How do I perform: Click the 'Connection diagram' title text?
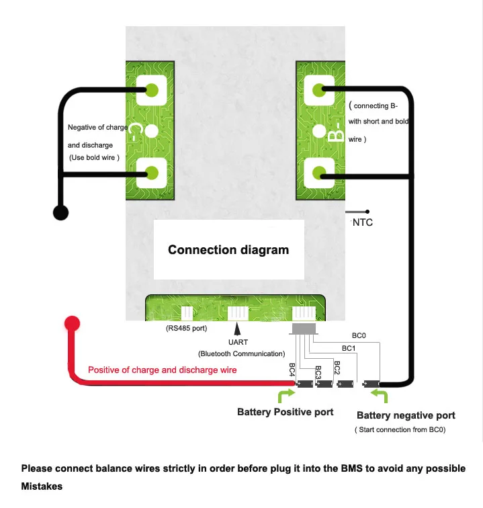click(x=228, y=250)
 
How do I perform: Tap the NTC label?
click(x=363, y=222)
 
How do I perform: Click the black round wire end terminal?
click(x=60, y=213)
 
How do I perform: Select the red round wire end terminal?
click(x=72, y=323)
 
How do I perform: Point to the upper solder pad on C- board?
click(x=151, y=89)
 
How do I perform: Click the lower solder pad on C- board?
click(x=151, y=173)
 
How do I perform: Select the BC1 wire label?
click(x=349, y=348)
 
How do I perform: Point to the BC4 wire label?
click(x=292, y=370)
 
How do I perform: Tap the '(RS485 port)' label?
click(x=186, y=329)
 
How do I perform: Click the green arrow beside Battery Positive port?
click(x=286, y=394)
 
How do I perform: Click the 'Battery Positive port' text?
click(x=285, y=412)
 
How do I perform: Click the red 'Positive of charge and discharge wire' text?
click(x=163, y=370)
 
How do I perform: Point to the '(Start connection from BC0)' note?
click(x=400, y=429)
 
